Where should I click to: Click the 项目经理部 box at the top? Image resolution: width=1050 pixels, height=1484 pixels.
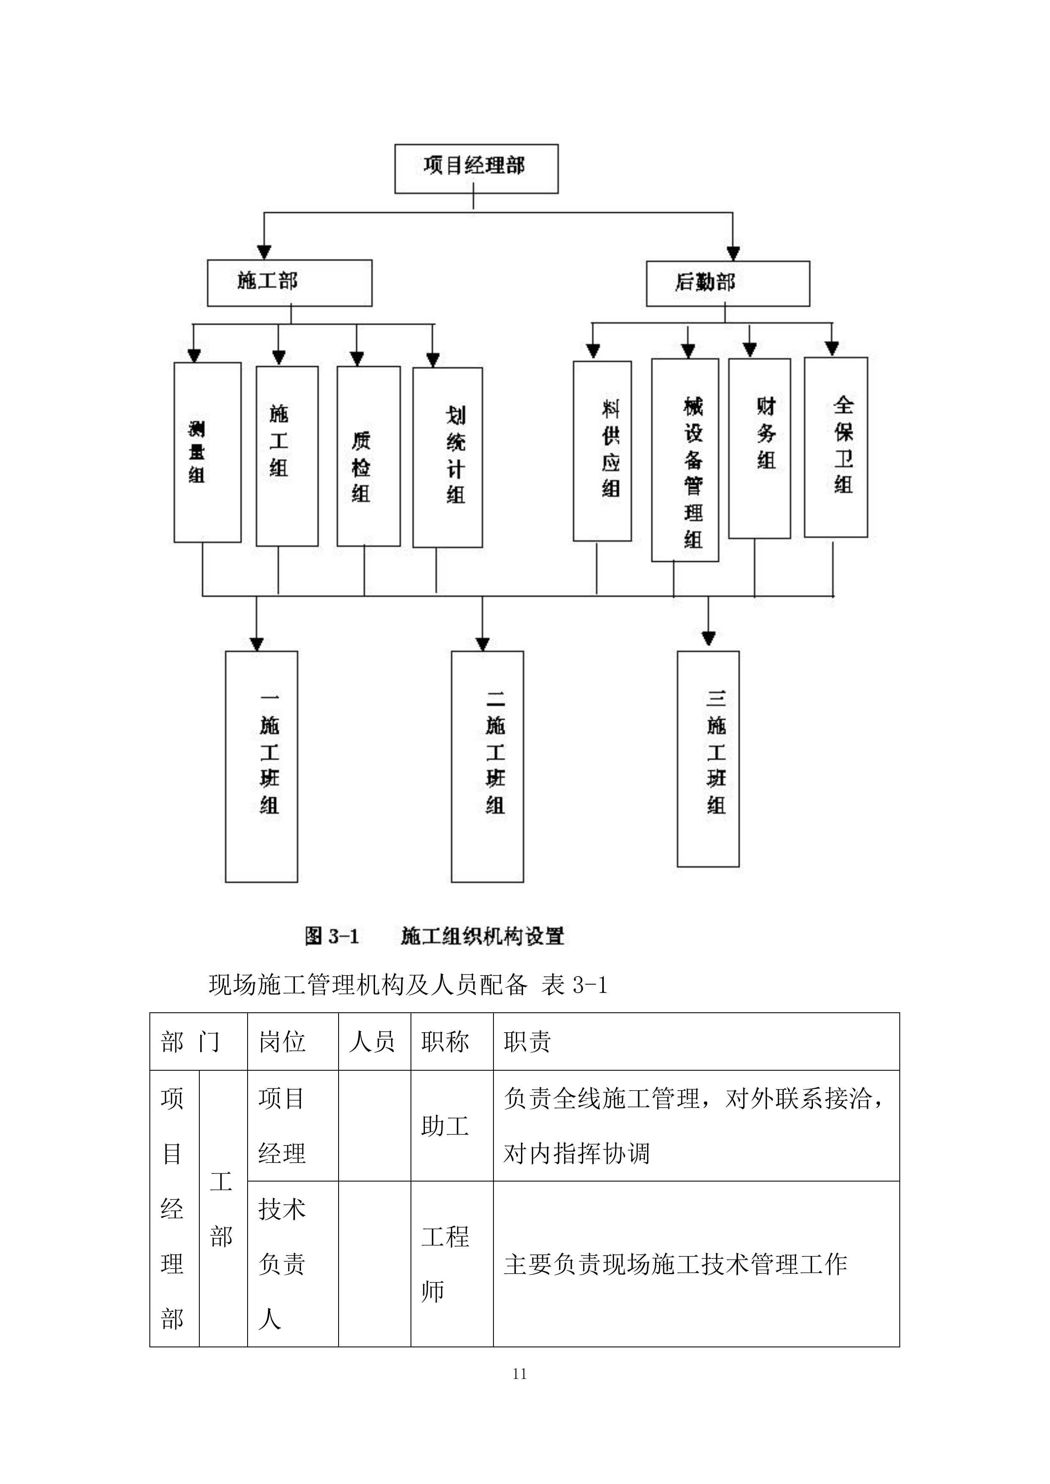coord(476,169)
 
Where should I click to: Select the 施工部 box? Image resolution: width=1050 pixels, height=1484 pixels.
coord(289,283)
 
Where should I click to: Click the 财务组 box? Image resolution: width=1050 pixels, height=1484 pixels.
coord(759,448)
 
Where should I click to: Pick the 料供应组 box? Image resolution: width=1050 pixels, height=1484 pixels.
coord(601,451)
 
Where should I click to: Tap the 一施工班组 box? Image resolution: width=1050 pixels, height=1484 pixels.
coord(261,766)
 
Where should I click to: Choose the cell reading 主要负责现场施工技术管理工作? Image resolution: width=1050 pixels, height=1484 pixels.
coord(675,1264)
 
